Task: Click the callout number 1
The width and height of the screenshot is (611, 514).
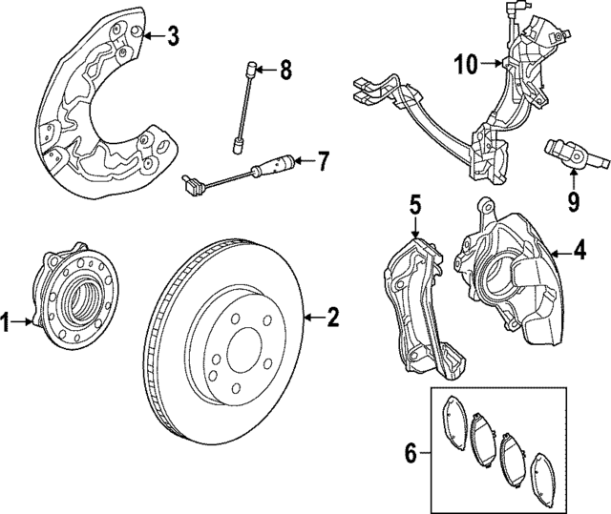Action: tap(8, 324)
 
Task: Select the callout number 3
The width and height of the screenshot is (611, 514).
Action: tap(172, 37)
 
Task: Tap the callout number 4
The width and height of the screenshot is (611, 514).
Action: tap(579, 252)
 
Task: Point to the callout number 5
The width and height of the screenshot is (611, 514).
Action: tap(415, 203)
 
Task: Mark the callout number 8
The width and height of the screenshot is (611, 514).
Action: tap(285, 69)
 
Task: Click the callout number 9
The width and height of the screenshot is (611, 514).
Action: tap(573, 201)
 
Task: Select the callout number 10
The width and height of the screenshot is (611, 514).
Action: tap(465, 65)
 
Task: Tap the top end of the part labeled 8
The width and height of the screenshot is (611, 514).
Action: tap(252, 67)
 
